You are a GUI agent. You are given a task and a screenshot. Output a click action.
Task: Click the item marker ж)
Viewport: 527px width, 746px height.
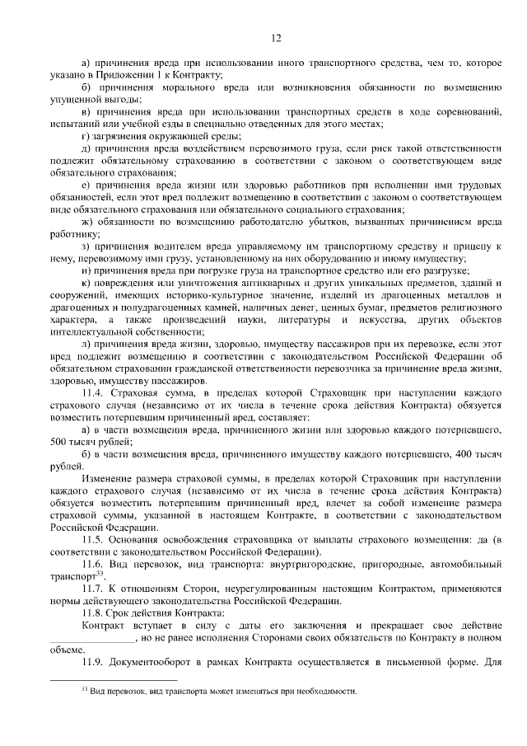point(86,223)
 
